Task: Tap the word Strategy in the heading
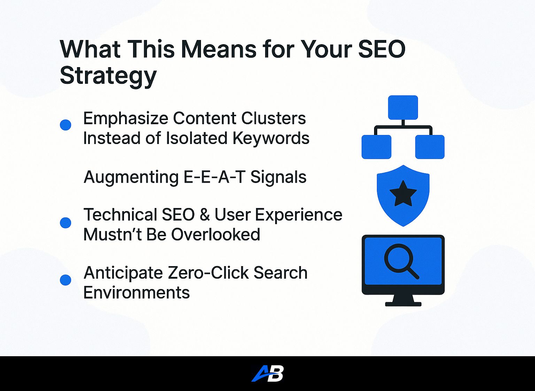click(108, 76)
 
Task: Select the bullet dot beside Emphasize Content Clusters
click(65, 125)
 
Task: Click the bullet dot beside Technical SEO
click(65, 223)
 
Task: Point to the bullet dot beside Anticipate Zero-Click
click(65, 280)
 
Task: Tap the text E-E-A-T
click(214, 177)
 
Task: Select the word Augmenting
click(131, 177)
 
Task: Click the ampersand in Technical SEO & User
click(204, 215)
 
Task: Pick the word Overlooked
click(216, 234)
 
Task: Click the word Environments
click(137, 293)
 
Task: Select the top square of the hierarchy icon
click(403, 107)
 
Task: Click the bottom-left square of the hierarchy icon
click(377, 147)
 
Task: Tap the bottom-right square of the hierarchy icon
click(429, 147)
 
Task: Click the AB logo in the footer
click(267, 374)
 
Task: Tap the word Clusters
click(273, 118)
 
